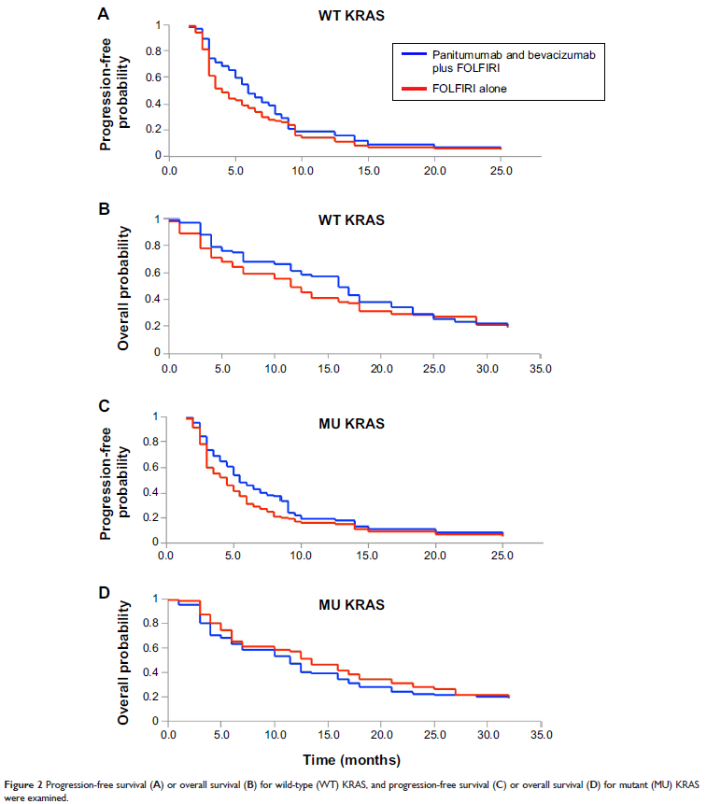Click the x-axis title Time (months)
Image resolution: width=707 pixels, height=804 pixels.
[x=354, y=759]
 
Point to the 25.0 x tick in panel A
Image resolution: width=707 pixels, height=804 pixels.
[x=501, y=172]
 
